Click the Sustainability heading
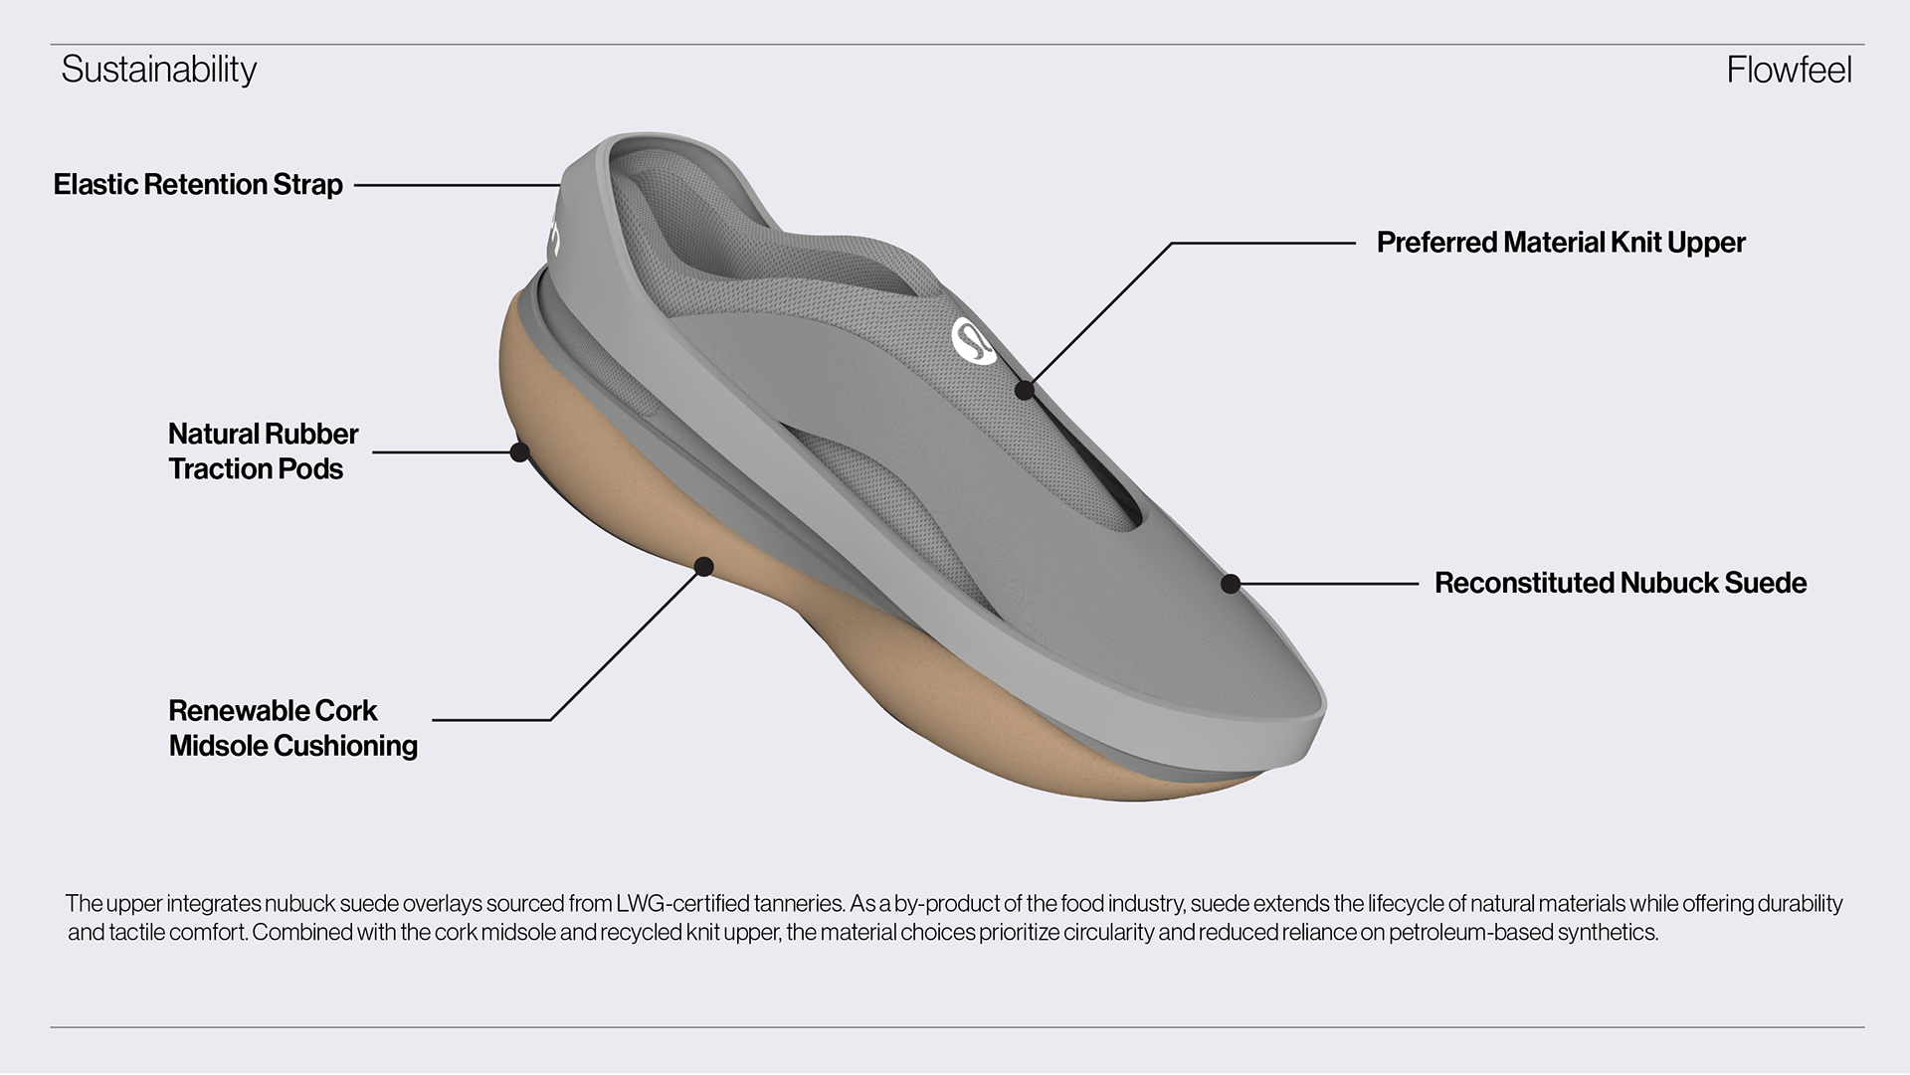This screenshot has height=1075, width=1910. [x=159, y=70]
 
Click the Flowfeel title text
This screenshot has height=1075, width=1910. [x=1789, y=70]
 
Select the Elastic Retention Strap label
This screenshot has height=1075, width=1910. [x=198, y=185]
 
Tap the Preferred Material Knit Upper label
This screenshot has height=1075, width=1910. [x=1560, y=243]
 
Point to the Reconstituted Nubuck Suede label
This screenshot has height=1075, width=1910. [x=1620, y=583]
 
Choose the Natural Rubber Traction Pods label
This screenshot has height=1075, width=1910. [x=263, y=451]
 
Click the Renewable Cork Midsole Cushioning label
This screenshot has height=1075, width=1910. [x=292, y=728]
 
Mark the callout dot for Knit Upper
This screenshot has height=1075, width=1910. [x=1024, y=390]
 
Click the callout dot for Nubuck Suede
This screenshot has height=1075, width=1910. [x=1231, y=584]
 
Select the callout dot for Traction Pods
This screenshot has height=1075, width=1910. [x=518, y=452]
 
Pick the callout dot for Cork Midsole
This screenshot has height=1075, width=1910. [x=703, y=567]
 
